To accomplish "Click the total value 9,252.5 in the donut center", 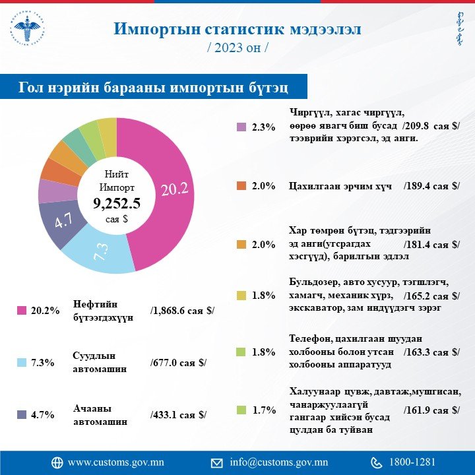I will [x=116, y=203].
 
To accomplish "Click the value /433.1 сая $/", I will [x=179, y=414].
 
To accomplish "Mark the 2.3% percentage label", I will [x=263, y=127].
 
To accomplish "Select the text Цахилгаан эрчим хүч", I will [x=341, y=186].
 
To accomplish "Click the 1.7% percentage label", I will [x=263, y=410].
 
